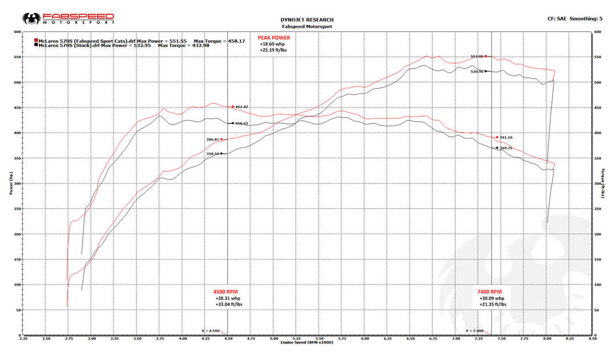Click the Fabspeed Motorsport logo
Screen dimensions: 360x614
[x=69, y=19]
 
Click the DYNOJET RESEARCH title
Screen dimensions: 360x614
[x=307, y=20]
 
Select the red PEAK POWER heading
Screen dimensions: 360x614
[x=273, y=38]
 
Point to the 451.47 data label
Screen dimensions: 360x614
[x=242, y=107]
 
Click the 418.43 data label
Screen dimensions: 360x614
[x=242, y=123]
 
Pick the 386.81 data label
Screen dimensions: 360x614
[x=213, y=139]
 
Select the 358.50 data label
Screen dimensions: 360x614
[x=213, y=154]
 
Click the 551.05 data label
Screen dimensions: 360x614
[x=477, y=56]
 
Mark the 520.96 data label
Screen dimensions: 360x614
[x=477, y=72]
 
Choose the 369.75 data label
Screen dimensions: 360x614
[x=506, y=148]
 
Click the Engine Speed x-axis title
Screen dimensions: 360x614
[x=307, y=342]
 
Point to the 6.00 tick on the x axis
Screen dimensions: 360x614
[x=364, y=338]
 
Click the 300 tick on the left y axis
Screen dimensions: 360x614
[x=17, y=183]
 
